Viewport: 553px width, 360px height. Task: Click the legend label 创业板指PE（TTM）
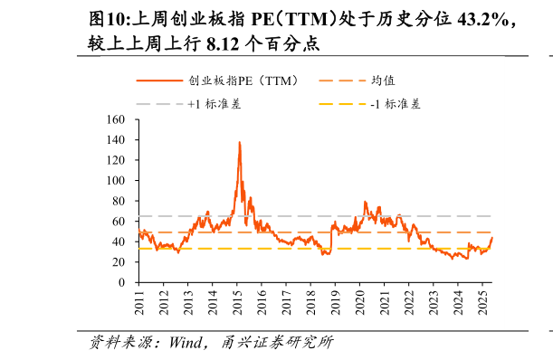point(243,81)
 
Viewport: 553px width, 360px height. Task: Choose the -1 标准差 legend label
point(396,104)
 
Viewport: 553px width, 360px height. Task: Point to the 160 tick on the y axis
point(115,119)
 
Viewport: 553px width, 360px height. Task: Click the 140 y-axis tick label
point(115,140)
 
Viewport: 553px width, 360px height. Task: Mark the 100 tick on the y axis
point(115,181)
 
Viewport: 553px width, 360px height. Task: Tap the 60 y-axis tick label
point(118,222)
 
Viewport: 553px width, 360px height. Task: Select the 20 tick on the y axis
point(118,262)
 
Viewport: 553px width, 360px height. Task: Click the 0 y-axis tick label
point(120,282)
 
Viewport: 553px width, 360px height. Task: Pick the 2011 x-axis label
point(139,301)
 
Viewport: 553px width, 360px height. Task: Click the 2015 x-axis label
point(237,301)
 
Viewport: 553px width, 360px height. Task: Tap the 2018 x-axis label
point(310,301)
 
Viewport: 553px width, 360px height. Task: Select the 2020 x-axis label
point(359,301)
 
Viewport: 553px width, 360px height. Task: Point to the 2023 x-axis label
point(433,301)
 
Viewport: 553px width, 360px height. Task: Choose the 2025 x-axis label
point(481,301)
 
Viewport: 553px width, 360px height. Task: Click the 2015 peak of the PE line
point(239,142)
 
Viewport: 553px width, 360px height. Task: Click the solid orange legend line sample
point(158,81)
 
